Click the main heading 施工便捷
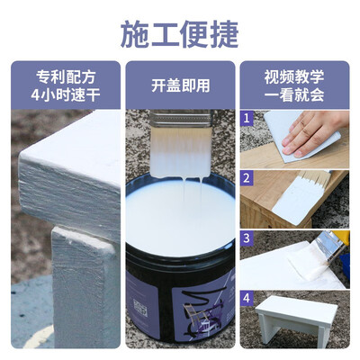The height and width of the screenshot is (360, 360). coord(180,34)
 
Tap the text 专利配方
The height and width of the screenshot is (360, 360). coord(66,77)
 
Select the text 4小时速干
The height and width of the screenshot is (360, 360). coord(66,95)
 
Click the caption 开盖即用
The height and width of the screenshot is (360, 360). coord(180,85)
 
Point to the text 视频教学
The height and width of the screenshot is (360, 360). coord(294,77)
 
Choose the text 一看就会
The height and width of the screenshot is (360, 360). coord(294,95)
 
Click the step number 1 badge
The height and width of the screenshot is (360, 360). coord(247,118)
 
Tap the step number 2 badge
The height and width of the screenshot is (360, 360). coord(247,178)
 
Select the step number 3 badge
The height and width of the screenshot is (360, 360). coord(247,238)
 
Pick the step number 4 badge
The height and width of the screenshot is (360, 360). coord(247,298)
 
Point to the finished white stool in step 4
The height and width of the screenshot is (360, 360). coord(295,318)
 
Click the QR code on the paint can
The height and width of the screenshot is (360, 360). coord(140,307)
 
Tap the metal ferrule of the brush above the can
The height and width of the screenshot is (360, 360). coord(181,119)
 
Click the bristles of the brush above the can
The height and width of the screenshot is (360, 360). coord(180,152)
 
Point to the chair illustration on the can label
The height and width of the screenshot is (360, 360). coord(197,318)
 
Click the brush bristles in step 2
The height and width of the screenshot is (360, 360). coord(312,177)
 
